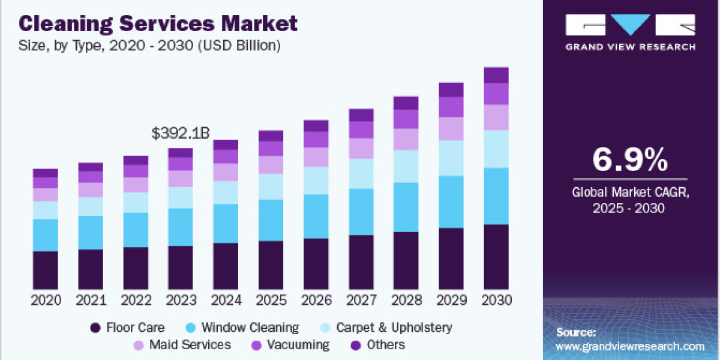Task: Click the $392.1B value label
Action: click(x=181, y=133)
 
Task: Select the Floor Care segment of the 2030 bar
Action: click(x=496, y=257)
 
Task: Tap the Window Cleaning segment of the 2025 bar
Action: click(x=271, y=220)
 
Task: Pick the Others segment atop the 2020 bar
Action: click(x=46, y=173)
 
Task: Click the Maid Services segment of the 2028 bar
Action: click(x=406, y=139)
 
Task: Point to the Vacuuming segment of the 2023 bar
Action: click(x=181, y=164)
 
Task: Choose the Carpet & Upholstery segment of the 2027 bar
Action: click(x=361, y=173)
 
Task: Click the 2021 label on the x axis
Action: click(x=91, y=300)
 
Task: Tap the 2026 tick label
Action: click(x=316, y=300)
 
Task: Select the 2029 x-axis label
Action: click(x=451, y=300)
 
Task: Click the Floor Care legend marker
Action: click(x=95, y=328)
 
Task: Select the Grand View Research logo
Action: click(x=630, y=31)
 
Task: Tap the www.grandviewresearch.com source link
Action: click(x=630, y=346)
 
